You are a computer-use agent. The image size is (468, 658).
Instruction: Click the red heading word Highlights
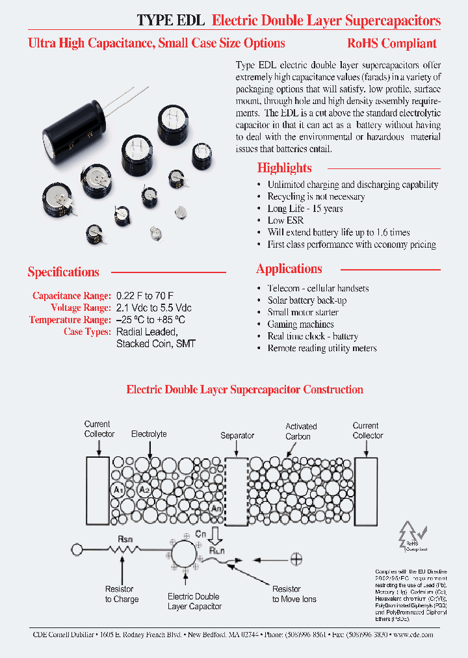[x=284, y=168]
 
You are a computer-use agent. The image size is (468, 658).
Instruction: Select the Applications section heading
[x=289, y=269]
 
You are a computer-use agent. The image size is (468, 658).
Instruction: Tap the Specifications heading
[x=63, y=272]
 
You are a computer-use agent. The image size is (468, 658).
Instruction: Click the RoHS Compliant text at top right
[x=391, y=44]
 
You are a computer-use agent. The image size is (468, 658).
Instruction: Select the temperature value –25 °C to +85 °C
[x=151, y=320]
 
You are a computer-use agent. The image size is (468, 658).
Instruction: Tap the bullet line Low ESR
[x=285, y=220]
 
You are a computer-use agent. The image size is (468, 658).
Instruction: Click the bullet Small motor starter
[x=303, y=312]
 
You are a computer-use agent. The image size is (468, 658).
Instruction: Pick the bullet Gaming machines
[x=300, y=324]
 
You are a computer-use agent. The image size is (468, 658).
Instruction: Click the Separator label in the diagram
[x=237, y=436]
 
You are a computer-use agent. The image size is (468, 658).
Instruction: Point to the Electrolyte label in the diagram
[x=149, y=434]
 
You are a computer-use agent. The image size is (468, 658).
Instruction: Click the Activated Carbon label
[x=301, y=431]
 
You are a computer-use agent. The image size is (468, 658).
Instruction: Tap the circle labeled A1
[x=118, y=490]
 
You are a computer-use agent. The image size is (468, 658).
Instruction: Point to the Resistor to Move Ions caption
[x=294, y=594]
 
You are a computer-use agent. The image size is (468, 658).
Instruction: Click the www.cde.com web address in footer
[x=413, y=635]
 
